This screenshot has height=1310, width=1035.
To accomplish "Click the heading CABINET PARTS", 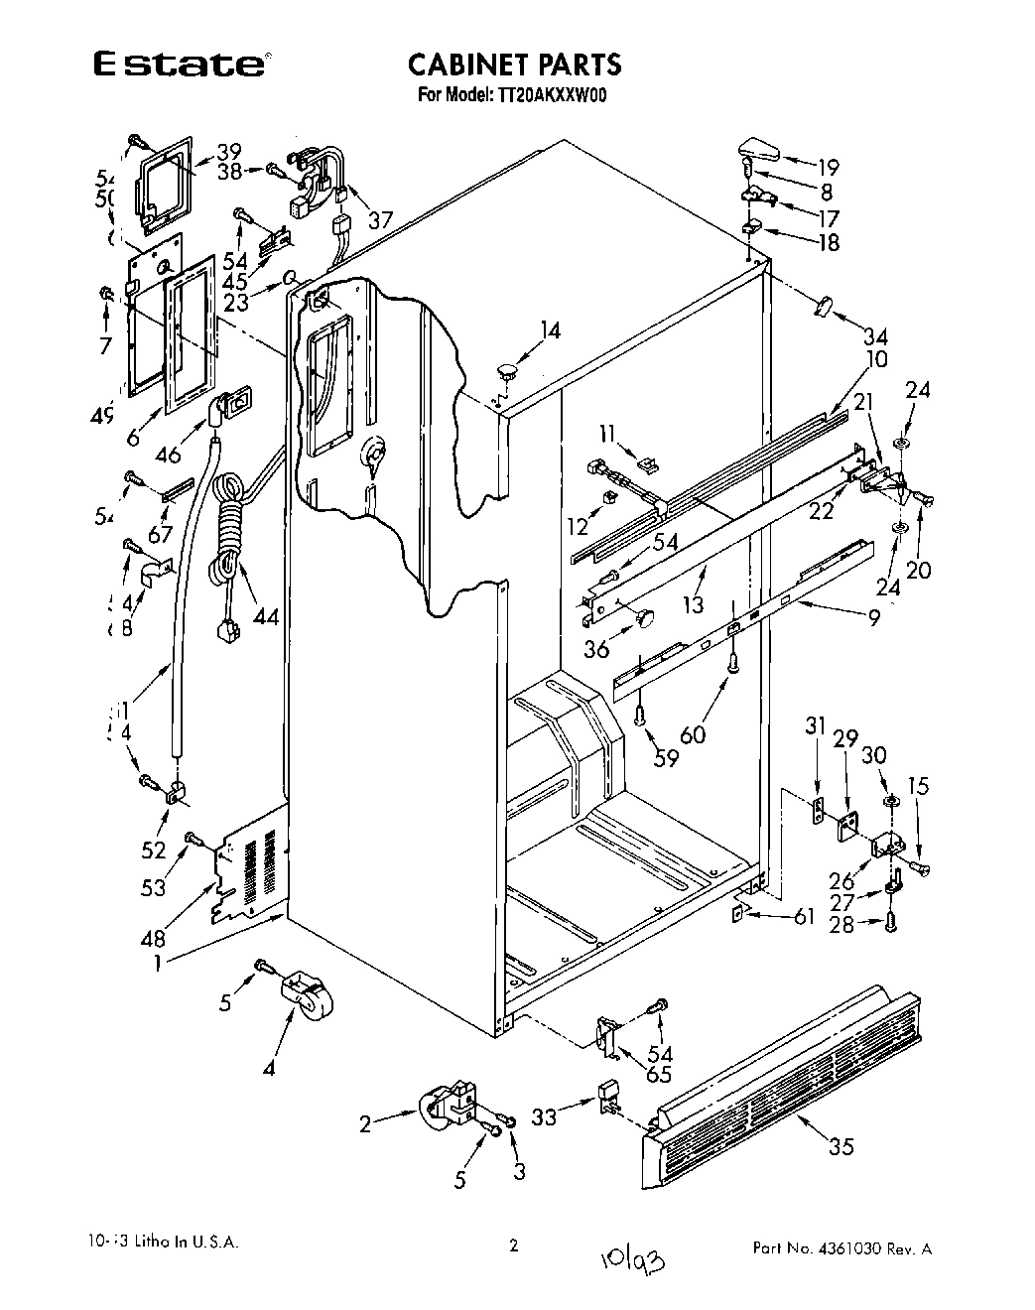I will point(514,65).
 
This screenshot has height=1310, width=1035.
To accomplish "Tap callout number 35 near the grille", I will point(841,1147).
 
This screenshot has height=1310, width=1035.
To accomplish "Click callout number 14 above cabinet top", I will point(551,331).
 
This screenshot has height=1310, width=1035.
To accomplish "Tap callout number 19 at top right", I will point(828,168).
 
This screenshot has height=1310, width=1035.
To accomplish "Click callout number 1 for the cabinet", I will point(161,961).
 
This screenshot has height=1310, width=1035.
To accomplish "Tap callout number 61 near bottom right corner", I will point(805,916).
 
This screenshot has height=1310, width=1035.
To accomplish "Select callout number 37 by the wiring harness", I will point(380,219).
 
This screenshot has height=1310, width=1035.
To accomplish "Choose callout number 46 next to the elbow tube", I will point(168,455).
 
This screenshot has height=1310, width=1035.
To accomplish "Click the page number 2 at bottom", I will point(513,1246).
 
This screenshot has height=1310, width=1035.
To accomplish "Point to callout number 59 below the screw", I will point(666,758).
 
